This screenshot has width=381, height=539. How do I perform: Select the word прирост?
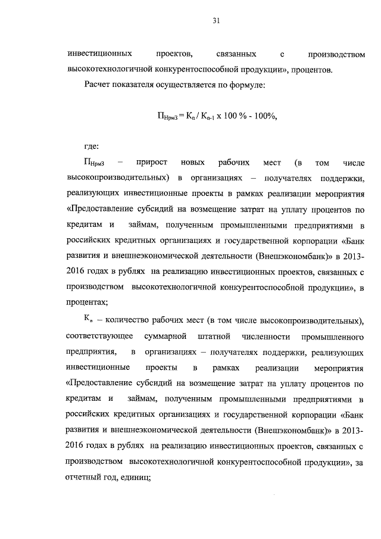click(x=151, y=163)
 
